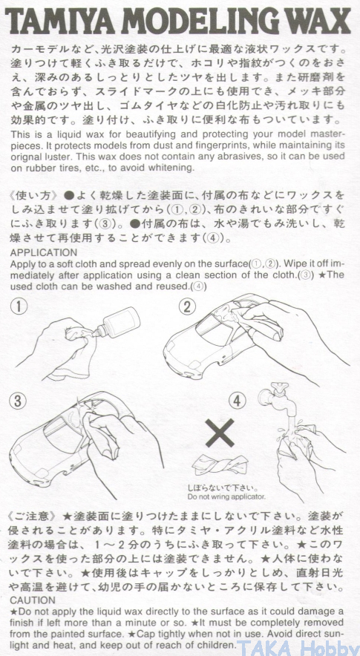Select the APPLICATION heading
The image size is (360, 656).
[x=44, y=253]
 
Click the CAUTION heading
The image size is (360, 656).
[x=33, y=600]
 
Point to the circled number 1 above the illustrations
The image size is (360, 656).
[x=19, y=307]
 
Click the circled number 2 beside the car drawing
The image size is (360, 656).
[x=187, y=307]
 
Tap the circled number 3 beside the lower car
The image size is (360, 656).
[x=17, y=401]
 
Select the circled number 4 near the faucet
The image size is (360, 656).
[x=237, y=401]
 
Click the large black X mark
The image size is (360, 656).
[x=220, y=433]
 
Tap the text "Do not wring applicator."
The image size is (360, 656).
[x=226, y=497]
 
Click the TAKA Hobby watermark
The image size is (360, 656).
[x=298, y=647]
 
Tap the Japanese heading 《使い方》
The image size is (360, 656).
[x=34, y=196]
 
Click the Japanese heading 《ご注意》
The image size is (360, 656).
[x=34, y=515]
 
